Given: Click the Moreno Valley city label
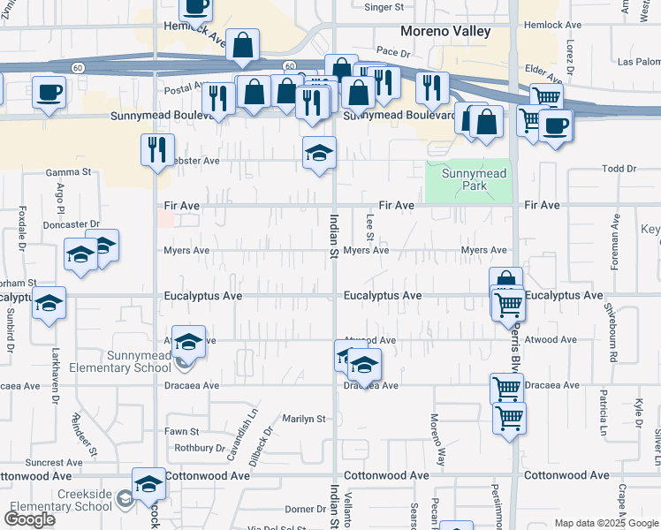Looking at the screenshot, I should coord(444,31).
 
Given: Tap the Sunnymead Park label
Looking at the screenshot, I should coord(474,180).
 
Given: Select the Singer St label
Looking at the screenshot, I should coord(384,6).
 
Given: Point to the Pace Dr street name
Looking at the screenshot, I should coord(393,53).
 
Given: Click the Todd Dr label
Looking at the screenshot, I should coord(619,169).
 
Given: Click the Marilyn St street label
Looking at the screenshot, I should coord(304,419).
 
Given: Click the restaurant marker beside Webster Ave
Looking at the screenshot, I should coord(158,150).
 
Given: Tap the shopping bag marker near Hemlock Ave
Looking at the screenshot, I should coord(242,47).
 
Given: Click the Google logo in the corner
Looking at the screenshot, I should coord(29,519).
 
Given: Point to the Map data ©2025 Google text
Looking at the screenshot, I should coord(605,523).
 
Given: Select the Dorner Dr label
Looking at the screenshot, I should coord(306,510).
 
